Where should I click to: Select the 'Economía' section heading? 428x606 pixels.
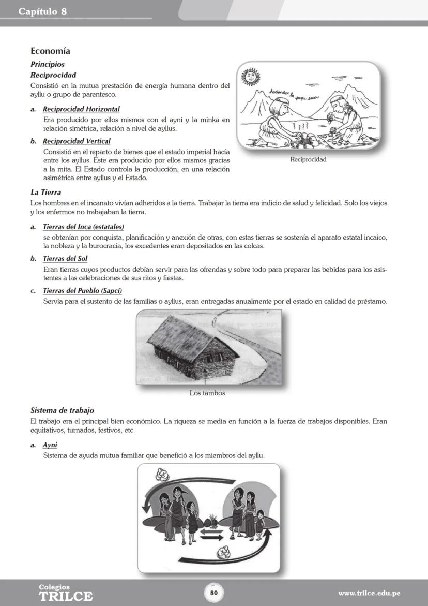point(50,51)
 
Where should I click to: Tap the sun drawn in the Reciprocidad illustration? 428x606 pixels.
point(251,77)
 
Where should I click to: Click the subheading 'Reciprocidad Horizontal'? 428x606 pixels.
point(81,109)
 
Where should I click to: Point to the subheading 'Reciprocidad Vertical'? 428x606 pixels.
point(77,141)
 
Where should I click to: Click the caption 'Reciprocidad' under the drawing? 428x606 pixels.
point(308,159)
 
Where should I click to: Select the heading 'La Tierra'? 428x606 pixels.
point(46,193)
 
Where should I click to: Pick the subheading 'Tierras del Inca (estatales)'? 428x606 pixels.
point(83,227)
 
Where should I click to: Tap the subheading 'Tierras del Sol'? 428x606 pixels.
point(65,259)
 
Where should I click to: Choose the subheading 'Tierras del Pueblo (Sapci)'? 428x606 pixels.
point(82,291)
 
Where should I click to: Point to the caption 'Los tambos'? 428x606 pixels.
point(207,393)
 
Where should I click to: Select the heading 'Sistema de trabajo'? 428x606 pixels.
point(62,410)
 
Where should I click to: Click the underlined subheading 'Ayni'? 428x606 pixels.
point(50,445)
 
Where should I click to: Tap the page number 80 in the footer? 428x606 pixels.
point(213,593)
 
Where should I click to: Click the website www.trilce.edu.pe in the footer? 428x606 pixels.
point(369,593)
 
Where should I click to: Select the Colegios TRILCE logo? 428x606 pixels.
point(66,593)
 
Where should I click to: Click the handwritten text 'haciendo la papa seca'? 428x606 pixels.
point(292,94)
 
